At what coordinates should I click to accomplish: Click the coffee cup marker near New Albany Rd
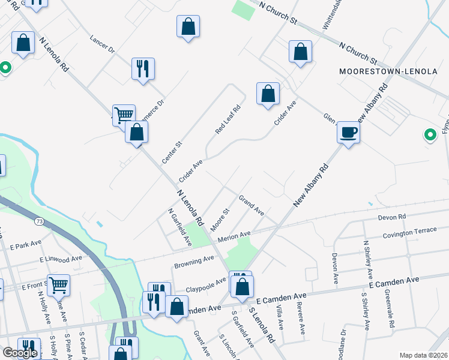coord(348,132)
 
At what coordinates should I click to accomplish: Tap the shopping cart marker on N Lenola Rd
coord(124,115)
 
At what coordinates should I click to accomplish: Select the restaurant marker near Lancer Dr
coord(143,68)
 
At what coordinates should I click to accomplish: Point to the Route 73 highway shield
coord(39,221)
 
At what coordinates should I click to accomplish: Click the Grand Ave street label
coord(251,205)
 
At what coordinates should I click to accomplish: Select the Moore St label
coord(220,220)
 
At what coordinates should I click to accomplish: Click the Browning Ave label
coord(194,262)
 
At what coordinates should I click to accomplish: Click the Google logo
coord(19,353)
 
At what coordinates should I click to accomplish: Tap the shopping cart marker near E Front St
coord(58,286)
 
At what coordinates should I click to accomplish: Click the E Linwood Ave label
coord(61,259)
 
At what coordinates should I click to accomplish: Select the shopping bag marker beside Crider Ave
coord(268,94)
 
